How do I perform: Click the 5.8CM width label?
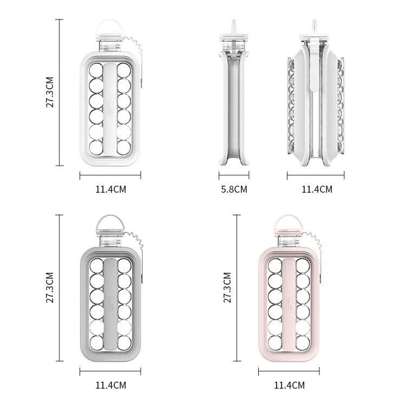pyautogui.click(x=234, y=189)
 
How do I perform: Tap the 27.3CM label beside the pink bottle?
pyautogui.click(x=227, y=287)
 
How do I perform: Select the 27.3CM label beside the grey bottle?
pyautogui.click(x=49, y=287)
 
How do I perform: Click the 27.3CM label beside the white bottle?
pyautogui.click(x=49, y=92)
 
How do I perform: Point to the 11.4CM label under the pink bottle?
pyautogui.click(x=289, y=385)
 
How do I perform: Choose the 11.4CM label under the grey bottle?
pyautogui.click(x=110, y=385)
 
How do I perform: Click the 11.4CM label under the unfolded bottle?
pyautogui.click(x=317, y=189)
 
